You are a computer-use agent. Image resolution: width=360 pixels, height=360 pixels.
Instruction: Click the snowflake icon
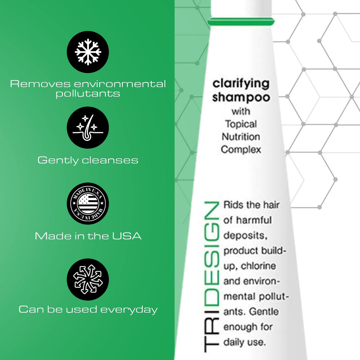[x=88, y=52]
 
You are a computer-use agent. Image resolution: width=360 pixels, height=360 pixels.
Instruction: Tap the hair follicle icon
[x=88, y=127]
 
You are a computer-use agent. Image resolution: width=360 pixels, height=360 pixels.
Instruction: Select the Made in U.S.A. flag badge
[x=88, y=203]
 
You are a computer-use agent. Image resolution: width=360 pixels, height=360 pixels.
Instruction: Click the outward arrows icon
[x=88, y=279]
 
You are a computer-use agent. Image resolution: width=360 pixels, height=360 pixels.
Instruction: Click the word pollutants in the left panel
[x=88, y=94]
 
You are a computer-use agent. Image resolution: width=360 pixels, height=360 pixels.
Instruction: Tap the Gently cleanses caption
[x=88, y=160]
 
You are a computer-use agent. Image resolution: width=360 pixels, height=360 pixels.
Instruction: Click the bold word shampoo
[x=241, y=97]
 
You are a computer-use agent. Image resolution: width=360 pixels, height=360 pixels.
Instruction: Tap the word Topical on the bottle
[x=241, y=124]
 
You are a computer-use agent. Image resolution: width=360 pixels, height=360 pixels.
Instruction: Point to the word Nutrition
[x=241, y=136]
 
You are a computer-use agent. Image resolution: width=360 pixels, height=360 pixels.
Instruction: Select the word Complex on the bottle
[x=241, y=150]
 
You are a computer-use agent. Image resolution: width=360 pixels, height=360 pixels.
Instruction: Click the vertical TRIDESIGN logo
[x=211, y=277]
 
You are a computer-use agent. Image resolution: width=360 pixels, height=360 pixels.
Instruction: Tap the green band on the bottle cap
[x=241, y=22]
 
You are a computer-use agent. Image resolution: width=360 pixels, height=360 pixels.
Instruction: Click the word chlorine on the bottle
[x=258, y=266]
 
